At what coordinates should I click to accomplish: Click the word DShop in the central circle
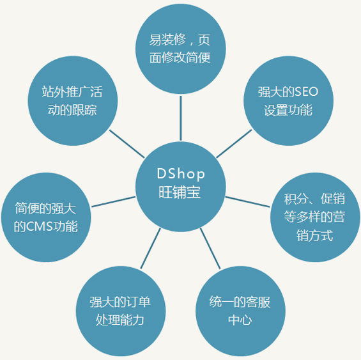click(181, 174)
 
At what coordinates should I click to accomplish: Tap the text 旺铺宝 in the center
click(180, 192)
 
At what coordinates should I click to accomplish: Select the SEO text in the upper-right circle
click(307, 91)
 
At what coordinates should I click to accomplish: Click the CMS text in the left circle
click(40, 226)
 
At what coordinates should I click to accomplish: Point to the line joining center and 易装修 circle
click(181, 118)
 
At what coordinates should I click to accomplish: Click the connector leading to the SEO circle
click(234, 144)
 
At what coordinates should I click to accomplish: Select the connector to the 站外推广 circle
click(127, 144)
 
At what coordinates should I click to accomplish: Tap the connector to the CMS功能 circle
click(113, 201)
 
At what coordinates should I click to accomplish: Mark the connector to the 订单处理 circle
click(151, 249)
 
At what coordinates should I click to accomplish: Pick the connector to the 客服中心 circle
click(210, 249)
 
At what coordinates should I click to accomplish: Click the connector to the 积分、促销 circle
click(247, 201)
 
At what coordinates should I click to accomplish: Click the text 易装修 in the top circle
click(167, 40)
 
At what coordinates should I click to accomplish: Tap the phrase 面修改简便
click(180, 58)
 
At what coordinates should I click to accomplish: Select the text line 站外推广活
click(72, 91)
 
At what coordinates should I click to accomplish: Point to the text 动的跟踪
click(72, 110)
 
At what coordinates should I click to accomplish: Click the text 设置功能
click(288, 110)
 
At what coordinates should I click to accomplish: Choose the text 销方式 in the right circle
click(315, 235)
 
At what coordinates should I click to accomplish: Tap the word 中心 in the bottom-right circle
click(240, 320)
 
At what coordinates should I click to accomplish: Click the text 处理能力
click(120, 320)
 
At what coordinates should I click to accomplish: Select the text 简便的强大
click(45, 208)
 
